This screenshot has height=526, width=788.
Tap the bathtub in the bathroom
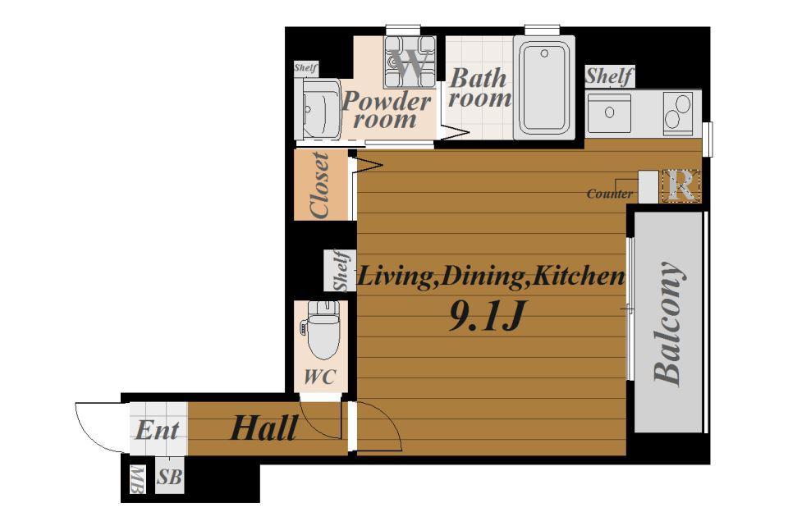[544, 88]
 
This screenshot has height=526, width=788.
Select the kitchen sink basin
[610, 112]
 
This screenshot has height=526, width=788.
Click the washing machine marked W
[410, 62]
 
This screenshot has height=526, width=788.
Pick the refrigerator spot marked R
[681, 186]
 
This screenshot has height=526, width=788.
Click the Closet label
[320, 185]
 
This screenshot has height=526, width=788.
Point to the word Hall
[263, 429]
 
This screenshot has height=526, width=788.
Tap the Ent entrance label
[158, 431]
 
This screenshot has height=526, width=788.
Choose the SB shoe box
[169, 476]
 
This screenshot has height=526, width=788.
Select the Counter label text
[610, 194]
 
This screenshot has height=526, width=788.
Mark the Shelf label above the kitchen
[609, 76]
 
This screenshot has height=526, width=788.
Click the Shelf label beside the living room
[341, 270]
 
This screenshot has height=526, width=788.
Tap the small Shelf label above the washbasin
[305, 68]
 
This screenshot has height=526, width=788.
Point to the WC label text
[319, 377]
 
